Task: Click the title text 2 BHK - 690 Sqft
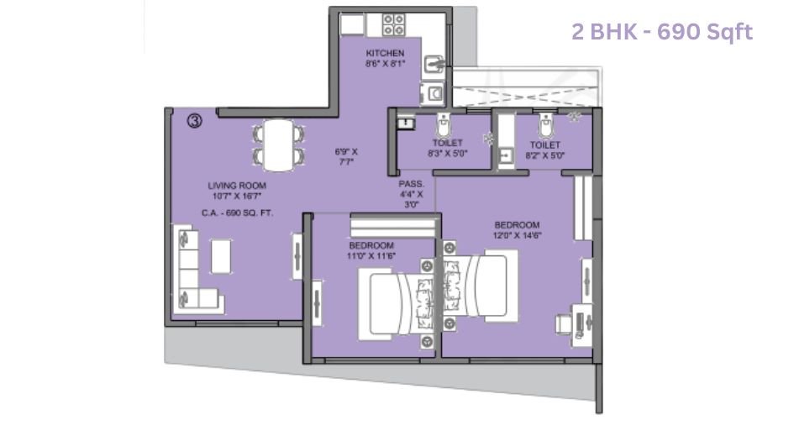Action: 661,33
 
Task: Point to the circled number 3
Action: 195,122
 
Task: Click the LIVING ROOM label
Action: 237,186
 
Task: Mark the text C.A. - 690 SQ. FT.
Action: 237,213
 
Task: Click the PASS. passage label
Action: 412,183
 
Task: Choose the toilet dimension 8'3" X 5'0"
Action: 448,154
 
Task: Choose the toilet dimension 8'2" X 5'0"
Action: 544,155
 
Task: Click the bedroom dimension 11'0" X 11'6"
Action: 372,255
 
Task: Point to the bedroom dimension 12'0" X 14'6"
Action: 516,236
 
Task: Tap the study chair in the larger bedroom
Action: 565,323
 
